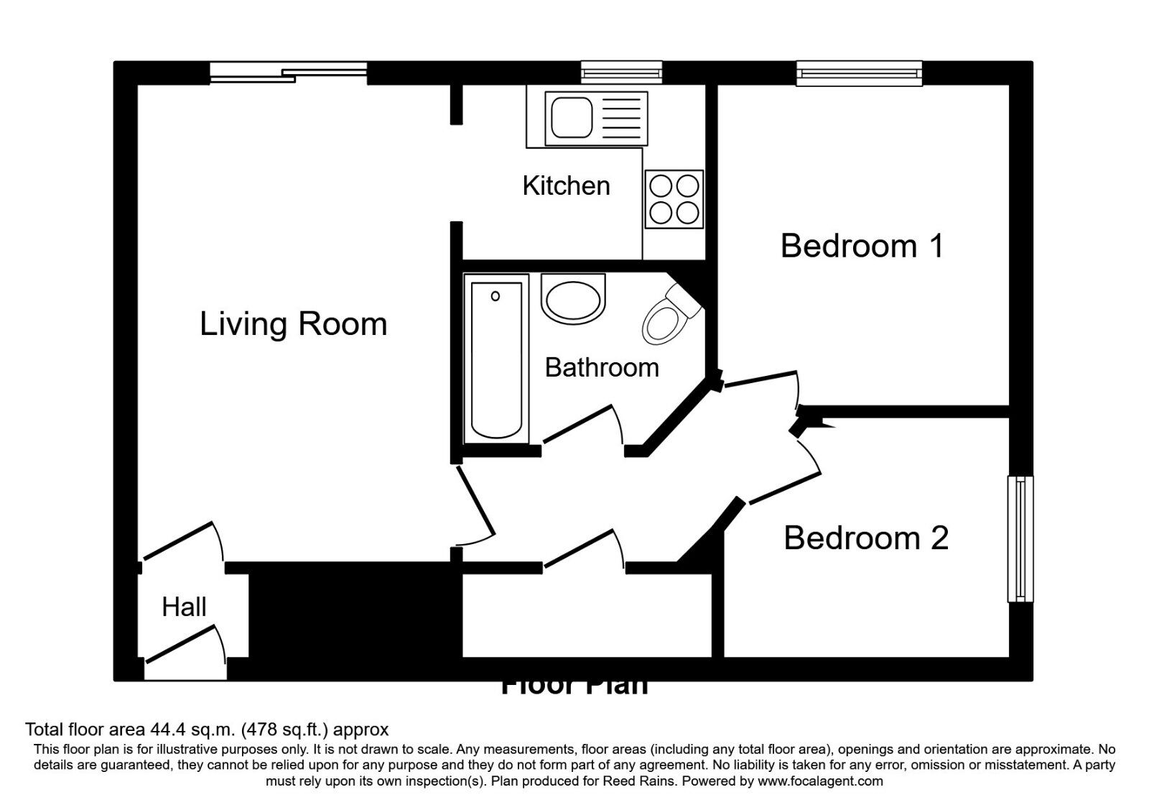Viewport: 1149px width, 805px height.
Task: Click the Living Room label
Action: pos(293,324)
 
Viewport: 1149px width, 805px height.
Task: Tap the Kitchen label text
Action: pos(566,185)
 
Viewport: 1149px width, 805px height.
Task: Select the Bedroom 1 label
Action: pos(861,246)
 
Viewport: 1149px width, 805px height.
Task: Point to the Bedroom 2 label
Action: pos(865,538)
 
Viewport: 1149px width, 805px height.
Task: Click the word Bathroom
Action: pos(602,367)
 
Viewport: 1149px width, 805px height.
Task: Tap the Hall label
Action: pos(184,607)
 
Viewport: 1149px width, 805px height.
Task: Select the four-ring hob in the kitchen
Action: pos(674,199)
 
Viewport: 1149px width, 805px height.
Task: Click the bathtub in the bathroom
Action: pos(496,359)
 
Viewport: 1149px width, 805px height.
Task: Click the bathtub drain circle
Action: pos(496,295)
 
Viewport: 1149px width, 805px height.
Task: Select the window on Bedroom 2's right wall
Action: pos(1020,538)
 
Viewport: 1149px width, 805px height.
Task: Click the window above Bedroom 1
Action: pos(859,73)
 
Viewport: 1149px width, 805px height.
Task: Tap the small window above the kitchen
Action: pos(621,73)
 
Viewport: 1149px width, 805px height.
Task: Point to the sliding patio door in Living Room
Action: pos(289,72)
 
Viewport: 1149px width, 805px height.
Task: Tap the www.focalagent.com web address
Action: pos(820,781)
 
